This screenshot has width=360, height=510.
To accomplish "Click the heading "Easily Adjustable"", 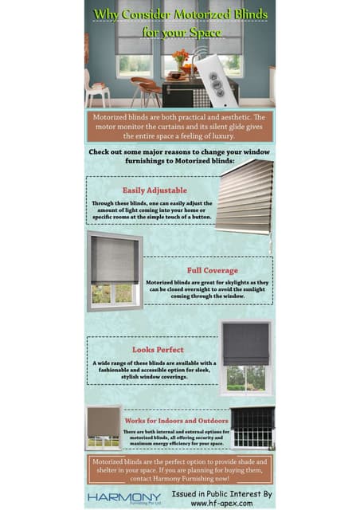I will [x=155, y=190].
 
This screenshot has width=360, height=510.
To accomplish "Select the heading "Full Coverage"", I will [x=212, y=270].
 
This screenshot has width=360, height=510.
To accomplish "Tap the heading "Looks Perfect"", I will [x=158, y=349].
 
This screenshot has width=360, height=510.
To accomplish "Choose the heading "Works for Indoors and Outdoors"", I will [x=176, y=420].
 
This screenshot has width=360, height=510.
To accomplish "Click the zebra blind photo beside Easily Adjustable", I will [x=245, y=197].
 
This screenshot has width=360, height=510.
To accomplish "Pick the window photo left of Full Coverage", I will [x=115, y=271].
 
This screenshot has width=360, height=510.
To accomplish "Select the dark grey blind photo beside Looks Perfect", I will [x=245, y=356].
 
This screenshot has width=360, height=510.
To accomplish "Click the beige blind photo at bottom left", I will [x=103, y=427].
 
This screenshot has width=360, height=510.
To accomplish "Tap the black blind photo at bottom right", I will [x=252, y=427].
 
